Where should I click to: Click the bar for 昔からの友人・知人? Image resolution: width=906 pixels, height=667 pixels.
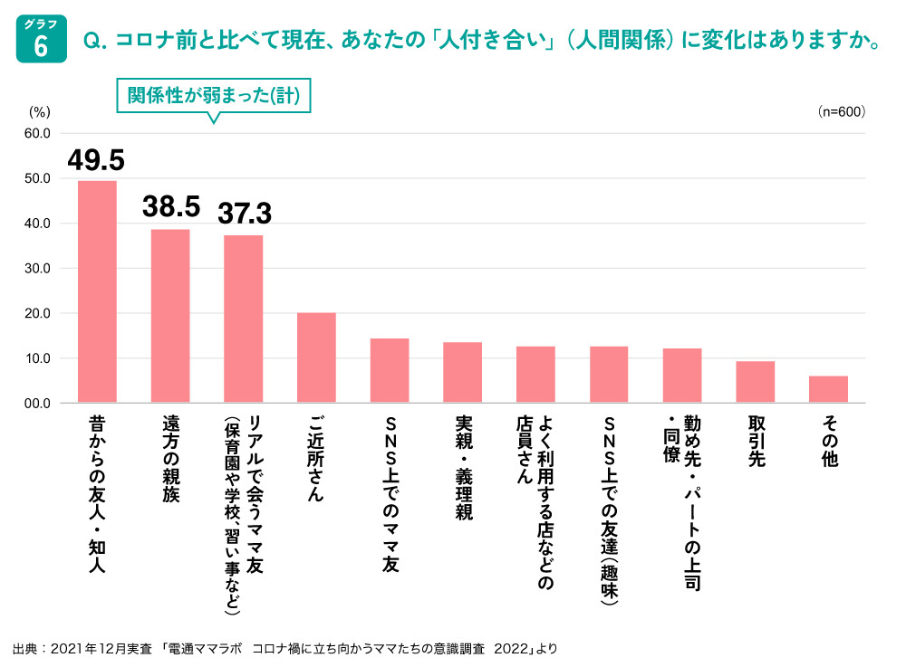pyautogui.click(x=97, y=291)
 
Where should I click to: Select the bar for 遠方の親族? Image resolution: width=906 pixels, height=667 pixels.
pyautogui.click(x=170, y=316)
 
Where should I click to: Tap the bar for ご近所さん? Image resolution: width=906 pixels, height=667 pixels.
pyautogui.click(x=316, y=357)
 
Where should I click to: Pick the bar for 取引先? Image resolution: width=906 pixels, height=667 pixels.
pyautogui.click(x=755, y=382)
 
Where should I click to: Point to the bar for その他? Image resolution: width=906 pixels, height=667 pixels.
pyautogui.click(x=828, y=389)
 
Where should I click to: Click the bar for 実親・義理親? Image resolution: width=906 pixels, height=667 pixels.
pyautogui.click(x=462, y=372)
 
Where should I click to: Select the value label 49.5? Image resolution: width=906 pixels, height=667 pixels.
pyautogui.click(x=96, y=160)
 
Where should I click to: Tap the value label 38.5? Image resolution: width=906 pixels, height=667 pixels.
pyautogui.click(x=170, y=207)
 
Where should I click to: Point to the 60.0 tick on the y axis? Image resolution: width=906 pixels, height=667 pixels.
pyautogui.click(x=37, y=133)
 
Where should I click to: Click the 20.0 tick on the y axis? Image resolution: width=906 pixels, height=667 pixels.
pyautogui.click(x=37, y=313)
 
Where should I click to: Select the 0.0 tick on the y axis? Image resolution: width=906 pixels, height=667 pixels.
pyautogui.click(x=37, y=403)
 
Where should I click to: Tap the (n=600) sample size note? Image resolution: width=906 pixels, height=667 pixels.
pyautogui.click(x=841, y=112)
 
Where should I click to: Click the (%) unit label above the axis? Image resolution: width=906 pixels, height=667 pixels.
pyautogui.click(x=40, y=112)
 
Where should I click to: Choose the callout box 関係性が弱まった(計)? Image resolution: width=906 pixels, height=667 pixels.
pyautogui.click(x=214, y=96)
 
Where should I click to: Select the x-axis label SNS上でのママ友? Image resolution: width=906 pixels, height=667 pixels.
pyautogui.click(x=390, y=494)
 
